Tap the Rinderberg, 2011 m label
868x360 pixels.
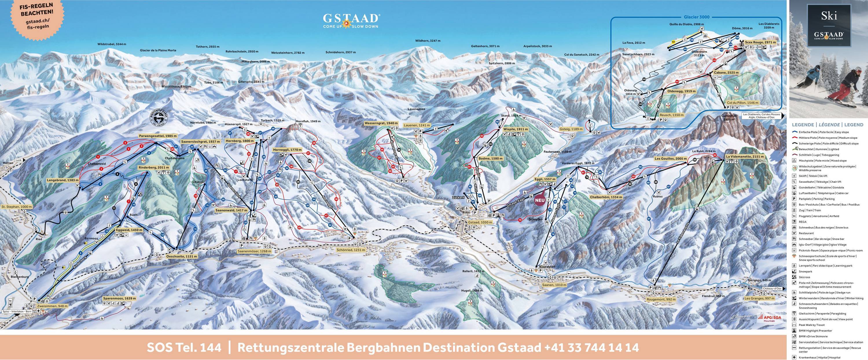point(153,167)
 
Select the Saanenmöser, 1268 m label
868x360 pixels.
point(254,251)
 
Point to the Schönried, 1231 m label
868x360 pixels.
point(351,250)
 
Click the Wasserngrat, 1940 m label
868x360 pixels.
point(381,123)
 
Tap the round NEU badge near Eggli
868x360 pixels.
point(540,200)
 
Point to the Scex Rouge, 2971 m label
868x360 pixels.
point(759,52)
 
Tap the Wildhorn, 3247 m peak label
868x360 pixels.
point(428,41)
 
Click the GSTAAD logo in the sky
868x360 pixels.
point(351,20)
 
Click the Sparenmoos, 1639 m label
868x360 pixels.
point(119,298)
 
